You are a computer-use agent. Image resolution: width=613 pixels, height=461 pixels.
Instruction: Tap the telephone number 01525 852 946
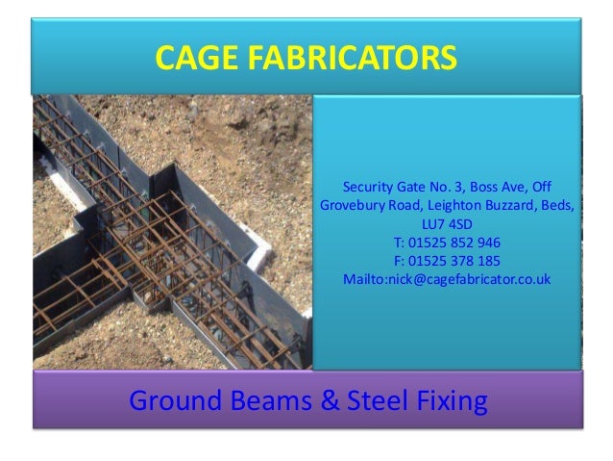click(454, 242)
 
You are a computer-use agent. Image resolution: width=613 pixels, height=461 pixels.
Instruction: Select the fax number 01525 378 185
click(454, 260)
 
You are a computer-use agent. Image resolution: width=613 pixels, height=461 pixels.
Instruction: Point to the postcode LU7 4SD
click(447, 223)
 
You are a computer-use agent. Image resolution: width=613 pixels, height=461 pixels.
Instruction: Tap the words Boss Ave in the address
click(490, 186)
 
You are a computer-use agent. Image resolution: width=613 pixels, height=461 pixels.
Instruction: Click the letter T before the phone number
click(398, 242)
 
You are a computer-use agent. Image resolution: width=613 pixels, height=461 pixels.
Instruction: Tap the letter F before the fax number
click(399, 260)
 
